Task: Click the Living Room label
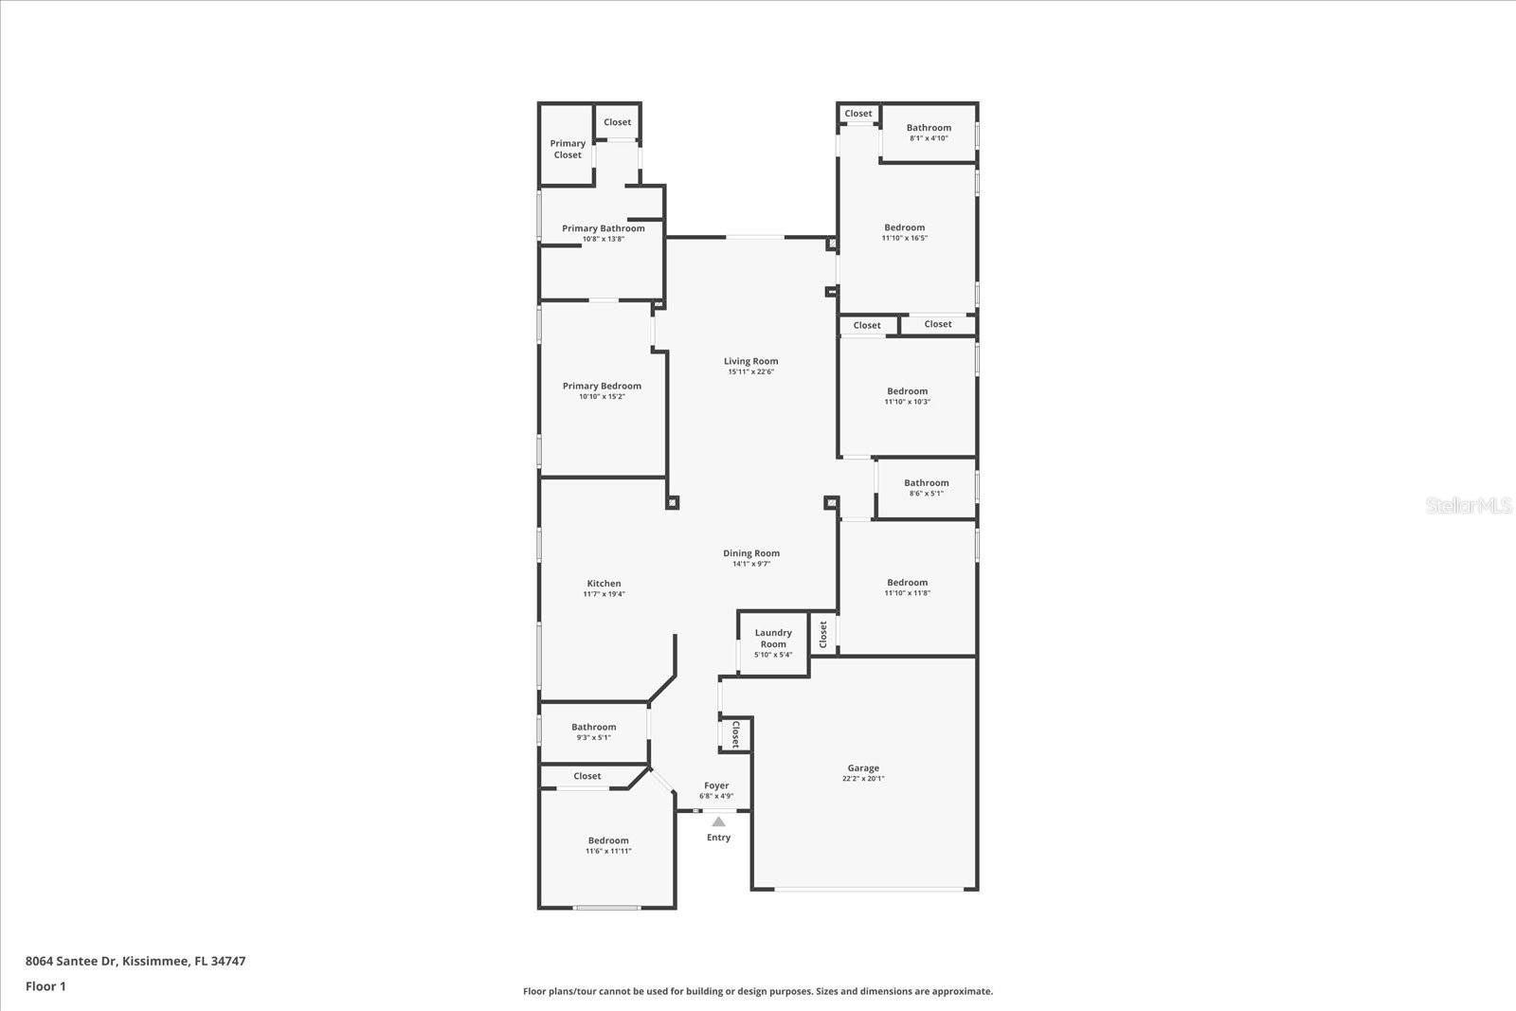(x=750, y=361)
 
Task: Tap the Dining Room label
(x=750, y=553)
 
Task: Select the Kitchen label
(x=604, y=584)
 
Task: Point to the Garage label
(x=863, y=768)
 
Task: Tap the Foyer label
(x=716, y=785)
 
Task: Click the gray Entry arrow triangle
(x=718, y=821)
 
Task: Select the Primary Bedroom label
(x=602, y=386)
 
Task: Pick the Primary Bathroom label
(x=603, y=228)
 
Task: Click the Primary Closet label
(x=568, y=150)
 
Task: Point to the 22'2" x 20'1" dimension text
(x=863, y=779)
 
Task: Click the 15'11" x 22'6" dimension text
(x=750, y=372)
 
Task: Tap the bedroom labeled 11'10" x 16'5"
(x=905, y=227)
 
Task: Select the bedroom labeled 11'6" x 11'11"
(x=608, y=840)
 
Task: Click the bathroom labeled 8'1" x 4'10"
(x=929, y=128)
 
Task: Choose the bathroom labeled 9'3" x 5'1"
(x=593, y=728)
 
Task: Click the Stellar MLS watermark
(x=1469, y=506)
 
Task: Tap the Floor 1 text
(x=45, y=986)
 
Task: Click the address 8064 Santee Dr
(x=70, y=961)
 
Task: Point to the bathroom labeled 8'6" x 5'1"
(x=926, y=483)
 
